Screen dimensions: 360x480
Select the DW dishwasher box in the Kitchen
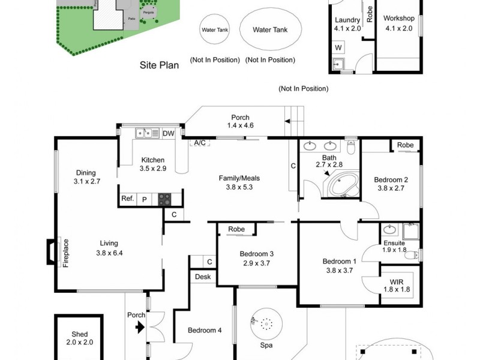[x=168, y=133]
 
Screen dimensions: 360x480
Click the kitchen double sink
[x=143, y=133]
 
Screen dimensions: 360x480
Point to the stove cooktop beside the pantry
[x=165, y=199]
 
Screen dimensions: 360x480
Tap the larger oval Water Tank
[x=269, y=29]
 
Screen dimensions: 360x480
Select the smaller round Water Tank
[x=215, y=29]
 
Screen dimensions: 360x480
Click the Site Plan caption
[x=159, y=66]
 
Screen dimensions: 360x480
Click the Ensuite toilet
[x=412, y=254]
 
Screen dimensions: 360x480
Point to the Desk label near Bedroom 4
[x=202, y=277]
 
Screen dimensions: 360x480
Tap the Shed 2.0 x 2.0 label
[x=79, y=338]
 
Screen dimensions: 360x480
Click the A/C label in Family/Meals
[x=199, y=143]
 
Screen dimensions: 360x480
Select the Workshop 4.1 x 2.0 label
[x=399, y=23]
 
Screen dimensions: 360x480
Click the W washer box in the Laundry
[x=338, y=47]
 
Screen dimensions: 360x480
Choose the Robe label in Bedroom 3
[x=236, y=229]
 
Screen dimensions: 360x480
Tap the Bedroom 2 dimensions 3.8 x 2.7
[x=391, y=188]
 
